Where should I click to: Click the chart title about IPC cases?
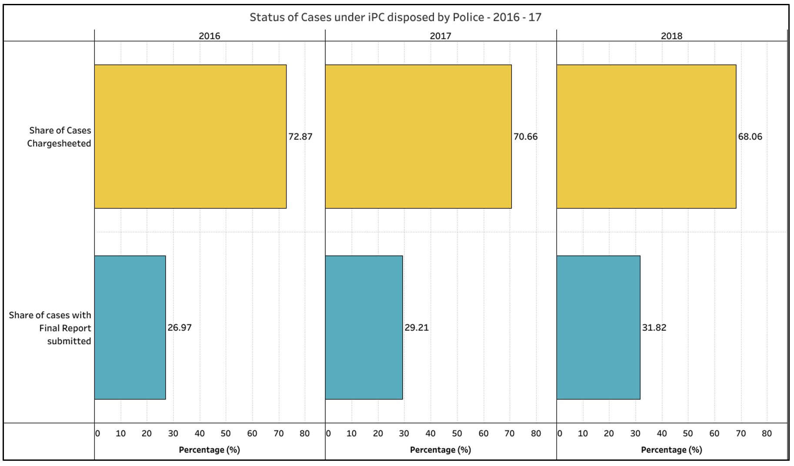pos(395,17)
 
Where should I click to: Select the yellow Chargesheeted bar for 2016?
pos(190,137)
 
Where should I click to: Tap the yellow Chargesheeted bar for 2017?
pos(418,137)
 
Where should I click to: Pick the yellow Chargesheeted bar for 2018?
pos(646,137)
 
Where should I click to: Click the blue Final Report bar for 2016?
pos(130,327)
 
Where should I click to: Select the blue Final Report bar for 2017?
pos(364,327)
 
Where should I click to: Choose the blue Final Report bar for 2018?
pos(598,327)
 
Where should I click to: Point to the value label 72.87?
pos(300,137)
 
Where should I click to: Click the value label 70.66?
pos(525,137)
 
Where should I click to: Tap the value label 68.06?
pos(750,137)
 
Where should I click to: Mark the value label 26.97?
pos(180,328)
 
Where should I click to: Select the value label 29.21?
pos(417,328)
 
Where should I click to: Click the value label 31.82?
pos(654,328)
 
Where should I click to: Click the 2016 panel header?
pos(209,36)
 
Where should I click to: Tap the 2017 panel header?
pos(440,36)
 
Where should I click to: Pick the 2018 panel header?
pos(671,36)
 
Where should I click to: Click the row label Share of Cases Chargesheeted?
pos(59,137)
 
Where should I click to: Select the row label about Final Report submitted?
pos(50,328)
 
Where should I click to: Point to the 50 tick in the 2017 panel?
pos(457,433)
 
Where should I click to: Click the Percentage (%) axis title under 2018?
pos(671,450)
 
